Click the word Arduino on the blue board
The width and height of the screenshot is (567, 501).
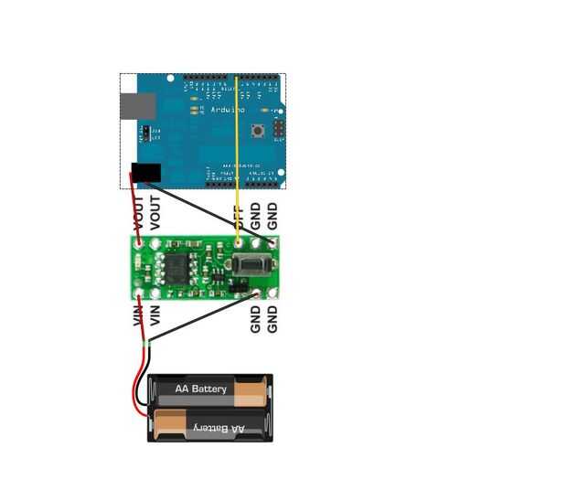pos(228,110)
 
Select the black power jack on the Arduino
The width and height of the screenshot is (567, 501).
pos(146,173)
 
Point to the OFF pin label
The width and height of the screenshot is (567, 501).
pos(239,218)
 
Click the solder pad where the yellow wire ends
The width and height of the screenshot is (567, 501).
pos(239,243)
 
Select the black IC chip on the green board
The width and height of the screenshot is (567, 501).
pos(177,265)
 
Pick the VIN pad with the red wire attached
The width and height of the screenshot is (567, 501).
pos(140,293)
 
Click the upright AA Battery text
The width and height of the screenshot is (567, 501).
pos(201,389)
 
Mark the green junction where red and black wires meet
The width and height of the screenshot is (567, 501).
pos(147,344)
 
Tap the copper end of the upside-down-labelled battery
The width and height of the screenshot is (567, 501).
pos(170,423)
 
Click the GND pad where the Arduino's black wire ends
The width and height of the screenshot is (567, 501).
pos(272,242)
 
